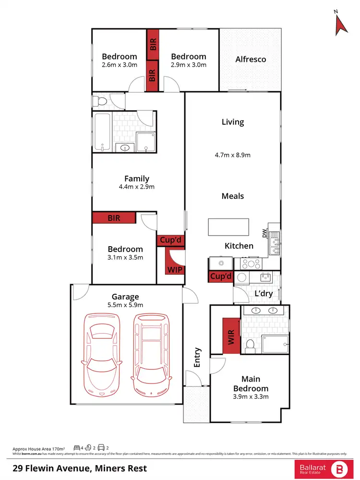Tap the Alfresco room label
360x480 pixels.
(x=251, y=60)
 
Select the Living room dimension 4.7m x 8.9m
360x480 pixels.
(x=233, y=155)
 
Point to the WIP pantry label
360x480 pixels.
(x=174, y=270)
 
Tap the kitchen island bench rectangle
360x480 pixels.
(x=228, y=226)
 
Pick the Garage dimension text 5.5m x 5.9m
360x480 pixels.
(x=125, y=305)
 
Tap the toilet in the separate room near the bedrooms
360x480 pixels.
(x=99, y=102)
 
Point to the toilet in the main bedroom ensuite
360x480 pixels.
(x=250, y=345)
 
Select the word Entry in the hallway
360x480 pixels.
(x=197, y=358)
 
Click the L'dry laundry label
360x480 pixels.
(x=264, y=293)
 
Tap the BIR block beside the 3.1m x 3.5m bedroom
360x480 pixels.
(x=114, y=218)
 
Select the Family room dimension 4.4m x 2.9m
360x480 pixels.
(x=137, y=187)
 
